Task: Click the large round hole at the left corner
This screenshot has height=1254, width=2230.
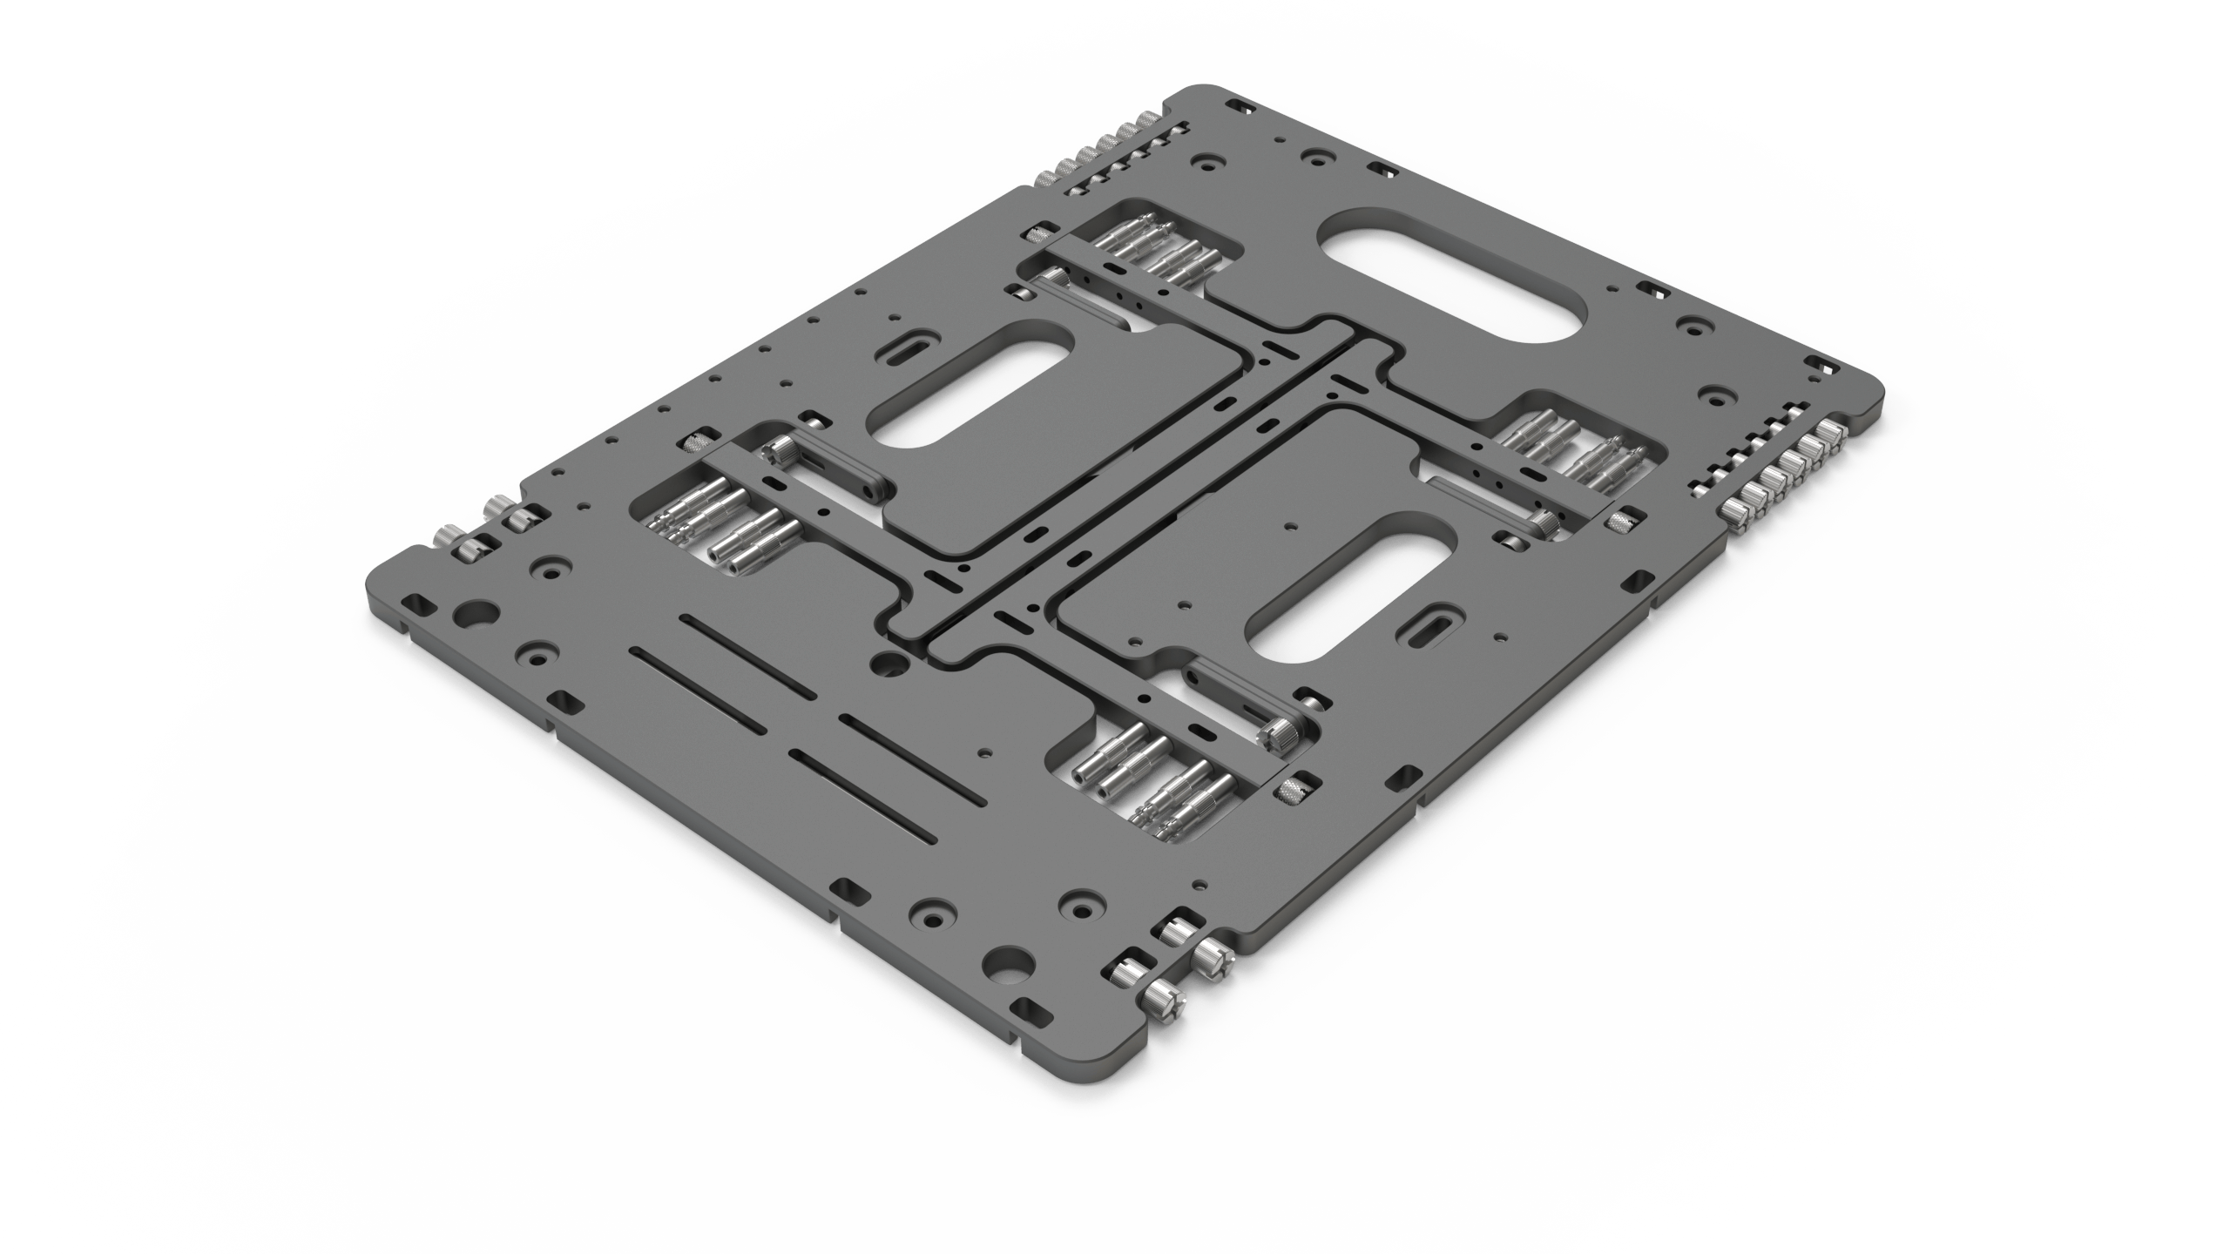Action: [x=476, y=615]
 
